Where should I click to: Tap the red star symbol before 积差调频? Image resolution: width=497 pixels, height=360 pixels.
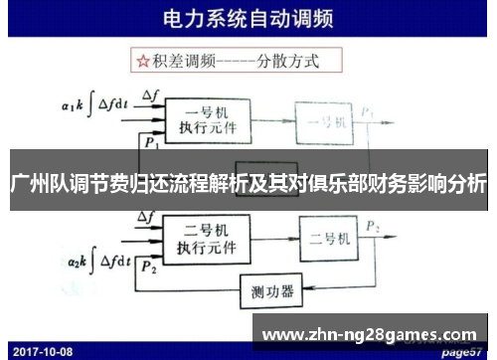coord(144,61)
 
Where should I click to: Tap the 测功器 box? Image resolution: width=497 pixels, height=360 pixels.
coord(274,292)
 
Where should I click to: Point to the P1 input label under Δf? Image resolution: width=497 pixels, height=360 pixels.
coord(150,143)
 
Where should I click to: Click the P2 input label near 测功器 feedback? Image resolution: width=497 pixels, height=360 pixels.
coord(149,267)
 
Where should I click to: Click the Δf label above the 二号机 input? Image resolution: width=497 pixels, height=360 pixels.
coord(152,220)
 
